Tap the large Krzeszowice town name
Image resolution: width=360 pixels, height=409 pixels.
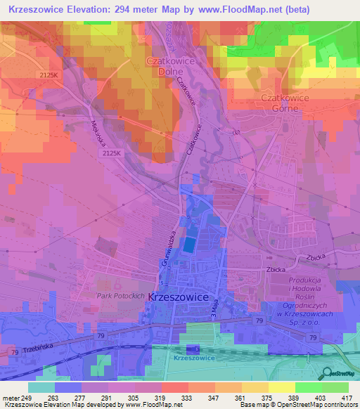179,297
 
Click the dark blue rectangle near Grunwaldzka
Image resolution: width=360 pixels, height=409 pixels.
189,245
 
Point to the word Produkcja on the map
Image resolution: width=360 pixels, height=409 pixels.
306,281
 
